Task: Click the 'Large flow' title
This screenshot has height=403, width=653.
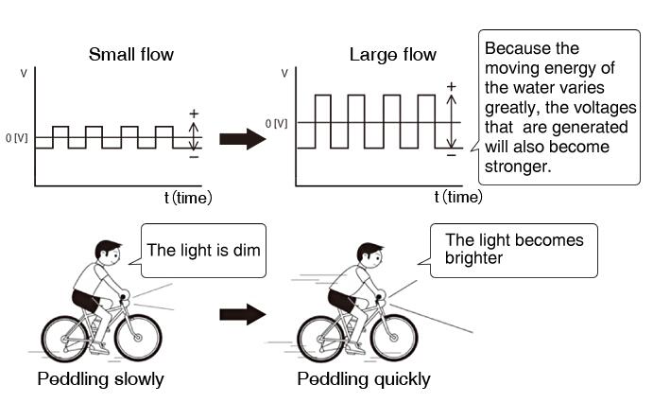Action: coord(392,54)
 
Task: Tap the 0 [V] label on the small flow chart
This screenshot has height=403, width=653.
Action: coord(16,138)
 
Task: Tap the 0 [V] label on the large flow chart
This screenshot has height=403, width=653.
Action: coord(277,123)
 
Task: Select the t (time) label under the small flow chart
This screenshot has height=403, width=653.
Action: coord(185,198)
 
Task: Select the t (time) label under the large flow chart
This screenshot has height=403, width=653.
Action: coord(456,198)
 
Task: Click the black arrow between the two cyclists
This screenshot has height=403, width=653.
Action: coord(242,314)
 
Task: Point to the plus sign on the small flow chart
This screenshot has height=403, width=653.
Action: coord(194,114)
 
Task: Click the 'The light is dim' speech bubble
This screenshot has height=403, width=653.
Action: coord(202,251)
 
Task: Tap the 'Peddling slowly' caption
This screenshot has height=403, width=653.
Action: coord(101,380)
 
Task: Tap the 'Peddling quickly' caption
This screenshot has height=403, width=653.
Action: coord(364,380)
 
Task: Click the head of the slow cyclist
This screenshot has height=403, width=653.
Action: coord(107,253)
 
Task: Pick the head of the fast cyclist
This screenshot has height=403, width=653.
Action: coord(369,254)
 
